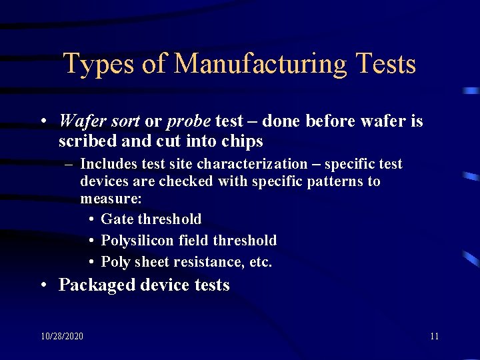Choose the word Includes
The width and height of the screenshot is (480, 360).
[109, 164]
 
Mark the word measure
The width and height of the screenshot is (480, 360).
[109, 199]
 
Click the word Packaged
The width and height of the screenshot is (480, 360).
[97, 285]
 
